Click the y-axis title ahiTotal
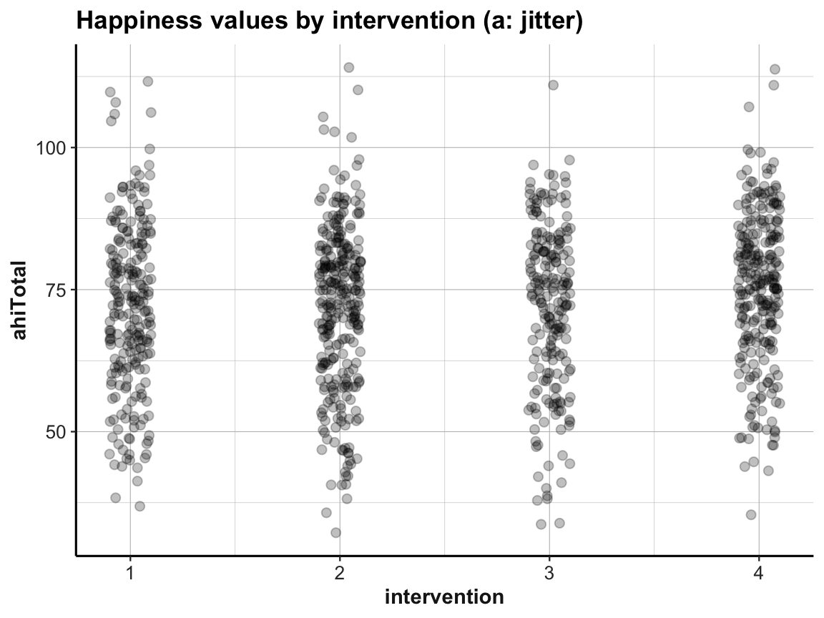pyautogui.click(x=21, y=301)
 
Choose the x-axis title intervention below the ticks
pyautogui.click(x=444, y=597)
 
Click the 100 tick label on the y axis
pyautogui.click(x=51, y=148)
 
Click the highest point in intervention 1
pyautogui.click(x=148, y=82)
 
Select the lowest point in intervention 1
pyautogui.click(x=140, y=506)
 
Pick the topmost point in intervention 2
pyautogui.click(x=349, y=67)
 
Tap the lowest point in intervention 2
pyautogui.click(x=335, y=532)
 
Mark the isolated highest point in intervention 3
pyautogui.click(x=553, y=85)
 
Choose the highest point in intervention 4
pyautogui.click(x=775, y=69)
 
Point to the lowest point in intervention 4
pyautogui.click(x=751, y=514)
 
